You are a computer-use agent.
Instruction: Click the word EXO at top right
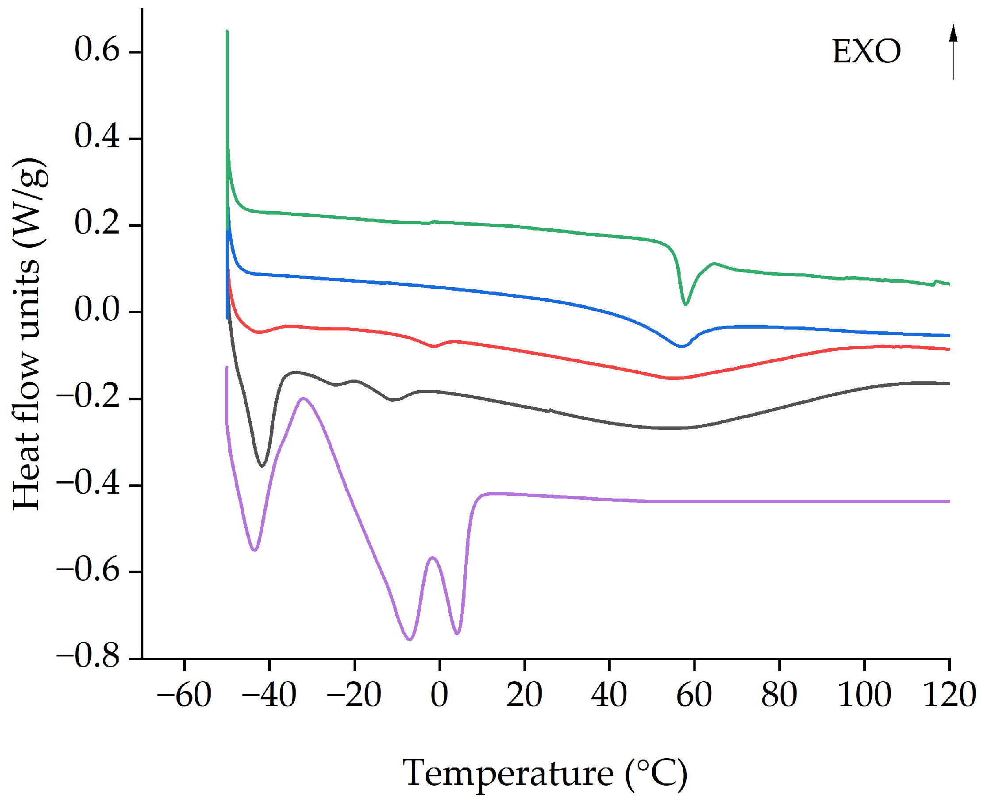(866, 51)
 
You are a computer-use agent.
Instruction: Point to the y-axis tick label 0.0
(96, 309)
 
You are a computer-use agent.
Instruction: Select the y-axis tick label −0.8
(88, 656)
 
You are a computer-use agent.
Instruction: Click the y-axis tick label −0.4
(88, 483)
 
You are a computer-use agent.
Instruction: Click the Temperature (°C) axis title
(545, 773)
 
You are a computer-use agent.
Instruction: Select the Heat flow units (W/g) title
(29, 334)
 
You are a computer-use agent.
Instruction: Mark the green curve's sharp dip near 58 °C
(685, 304)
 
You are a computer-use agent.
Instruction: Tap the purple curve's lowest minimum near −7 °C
(409, 639)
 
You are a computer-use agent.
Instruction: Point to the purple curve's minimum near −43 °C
(254, 550)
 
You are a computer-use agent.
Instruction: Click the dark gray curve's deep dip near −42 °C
(262, 466)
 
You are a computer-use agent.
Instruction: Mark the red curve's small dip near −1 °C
(434, 346)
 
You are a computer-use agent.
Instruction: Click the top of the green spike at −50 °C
(227, 31)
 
